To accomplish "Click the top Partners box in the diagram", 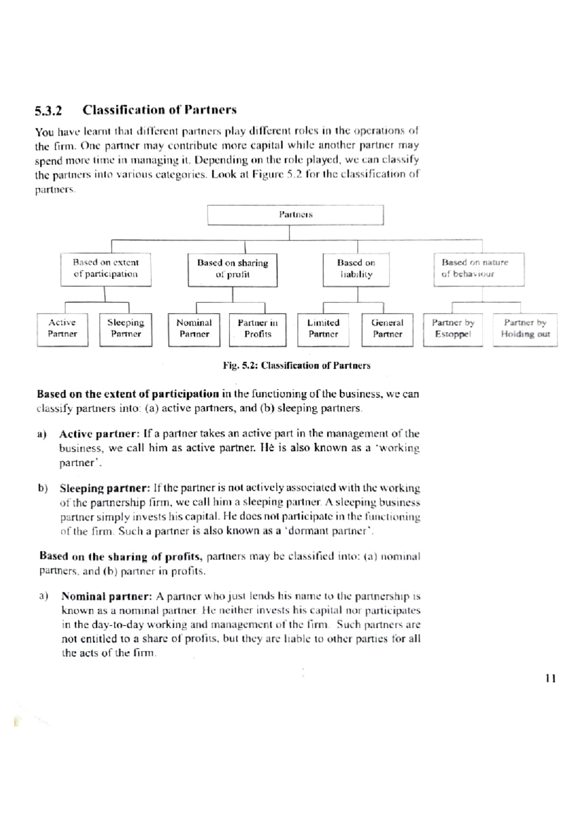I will pos(295,214).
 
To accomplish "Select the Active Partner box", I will pos(62,329).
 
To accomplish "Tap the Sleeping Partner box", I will pos(126,329).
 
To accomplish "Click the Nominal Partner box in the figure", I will pos(194,329).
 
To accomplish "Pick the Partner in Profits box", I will pos(257,329).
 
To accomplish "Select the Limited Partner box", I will pos(323,329).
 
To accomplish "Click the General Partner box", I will pos(387,329).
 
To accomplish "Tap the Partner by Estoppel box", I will pos(453,329).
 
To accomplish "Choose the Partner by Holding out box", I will pos(525,329).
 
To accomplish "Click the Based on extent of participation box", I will pos(105,268).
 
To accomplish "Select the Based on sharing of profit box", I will pos(232,269).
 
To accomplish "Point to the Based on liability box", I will pos(356,269).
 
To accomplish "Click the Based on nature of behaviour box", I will pos(479,268).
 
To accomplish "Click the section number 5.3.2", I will pos(49,111).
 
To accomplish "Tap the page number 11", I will pos(550,678).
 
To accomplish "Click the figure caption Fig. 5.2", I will pos(296,365).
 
